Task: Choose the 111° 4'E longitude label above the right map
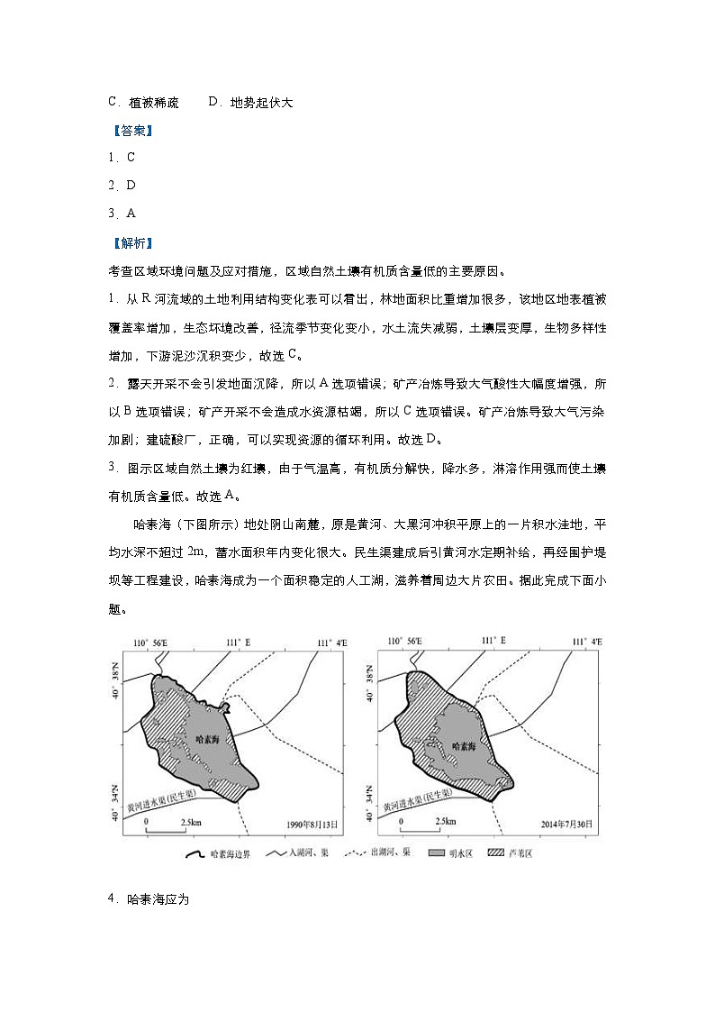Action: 585,642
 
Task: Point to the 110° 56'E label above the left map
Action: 152,642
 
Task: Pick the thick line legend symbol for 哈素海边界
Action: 194,852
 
